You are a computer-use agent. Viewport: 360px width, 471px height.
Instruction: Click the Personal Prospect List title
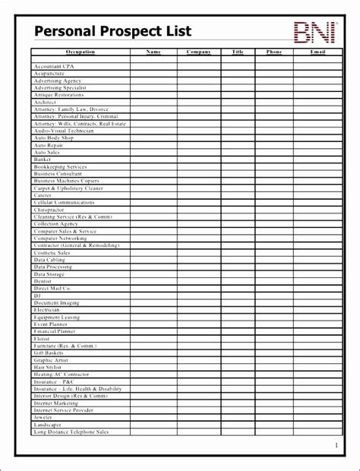point(112,31)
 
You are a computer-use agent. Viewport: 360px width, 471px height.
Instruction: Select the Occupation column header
point(81,52)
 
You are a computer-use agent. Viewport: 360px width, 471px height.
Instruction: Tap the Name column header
point(153,52)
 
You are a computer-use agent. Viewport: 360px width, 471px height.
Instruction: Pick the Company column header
point(199,52)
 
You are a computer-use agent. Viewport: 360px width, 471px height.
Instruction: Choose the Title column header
point(238,52)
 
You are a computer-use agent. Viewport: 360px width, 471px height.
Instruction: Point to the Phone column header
point(274,52)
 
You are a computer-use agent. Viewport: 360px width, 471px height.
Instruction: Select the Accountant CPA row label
point(53,67)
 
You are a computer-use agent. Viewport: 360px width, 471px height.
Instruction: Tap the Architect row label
point(46,102)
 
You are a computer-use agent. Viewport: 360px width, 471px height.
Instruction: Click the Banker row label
point(43,160)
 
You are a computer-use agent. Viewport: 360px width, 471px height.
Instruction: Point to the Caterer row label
point(43,195)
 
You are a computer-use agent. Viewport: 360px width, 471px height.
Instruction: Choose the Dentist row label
point(43,281)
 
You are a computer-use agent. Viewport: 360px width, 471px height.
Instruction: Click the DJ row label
point(37,296)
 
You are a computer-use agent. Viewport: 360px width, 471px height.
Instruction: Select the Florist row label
point(43,339)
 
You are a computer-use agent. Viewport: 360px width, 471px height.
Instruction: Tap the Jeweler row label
point(43,417)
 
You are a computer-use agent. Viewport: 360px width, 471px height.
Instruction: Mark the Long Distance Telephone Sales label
point(71,431)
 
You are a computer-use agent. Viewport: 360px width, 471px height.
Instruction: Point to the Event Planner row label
point(50,324)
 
